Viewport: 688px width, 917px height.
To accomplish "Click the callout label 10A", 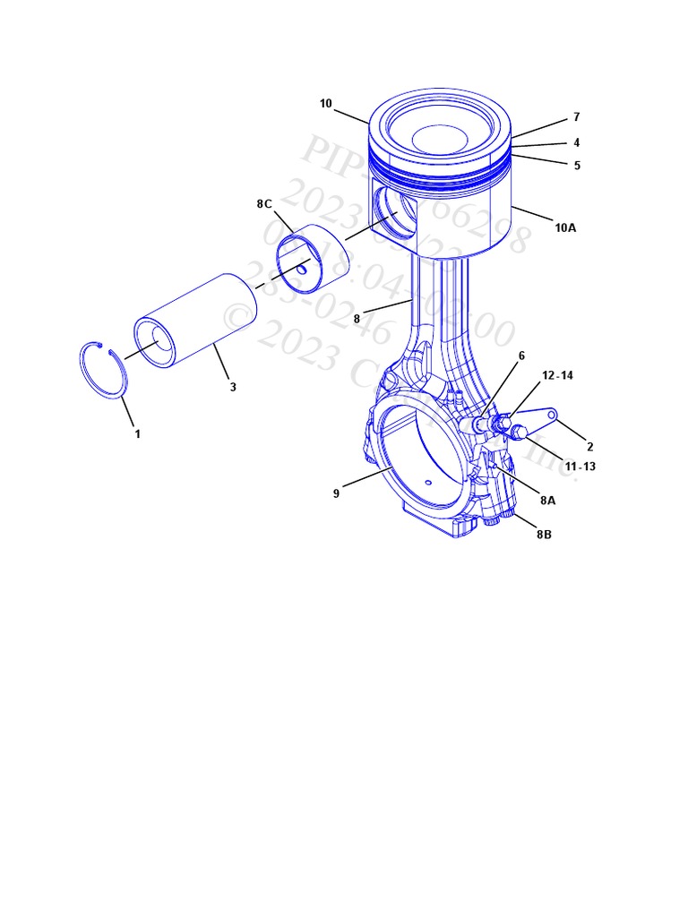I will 564,227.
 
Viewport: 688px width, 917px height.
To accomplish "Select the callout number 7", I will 576,117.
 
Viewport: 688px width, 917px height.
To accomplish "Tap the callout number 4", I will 576,142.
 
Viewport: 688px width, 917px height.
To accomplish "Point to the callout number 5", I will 577,166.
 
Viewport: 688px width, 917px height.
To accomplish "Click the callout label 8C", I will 263,204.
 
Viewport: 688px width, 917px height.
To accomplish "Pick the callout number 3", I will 233,387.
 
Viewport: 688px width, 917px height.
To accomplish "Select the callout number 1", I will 137,434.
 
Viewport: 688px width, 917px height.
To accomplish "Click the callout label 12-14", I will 557,376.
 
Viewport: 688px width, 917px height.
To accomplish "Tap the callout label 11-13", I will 580,467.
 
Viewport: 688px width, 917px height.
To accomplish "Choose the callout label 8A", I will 547,501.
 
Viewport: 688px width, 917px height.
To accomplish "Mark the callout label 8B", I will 544,535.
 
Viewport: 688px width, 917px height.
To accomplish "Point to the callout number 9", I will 337,493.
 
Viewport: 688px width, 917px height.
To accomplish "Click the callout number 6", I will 521,356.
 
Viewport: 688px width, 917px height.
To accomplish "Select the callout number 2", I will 589,447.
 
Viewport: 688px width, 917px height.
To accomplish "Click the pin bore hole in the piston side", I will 394,215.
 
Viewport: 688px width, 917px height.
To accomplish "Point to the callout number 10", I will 325,104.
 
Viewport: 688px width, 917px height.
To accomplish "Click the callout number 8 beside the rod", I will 356,318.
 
